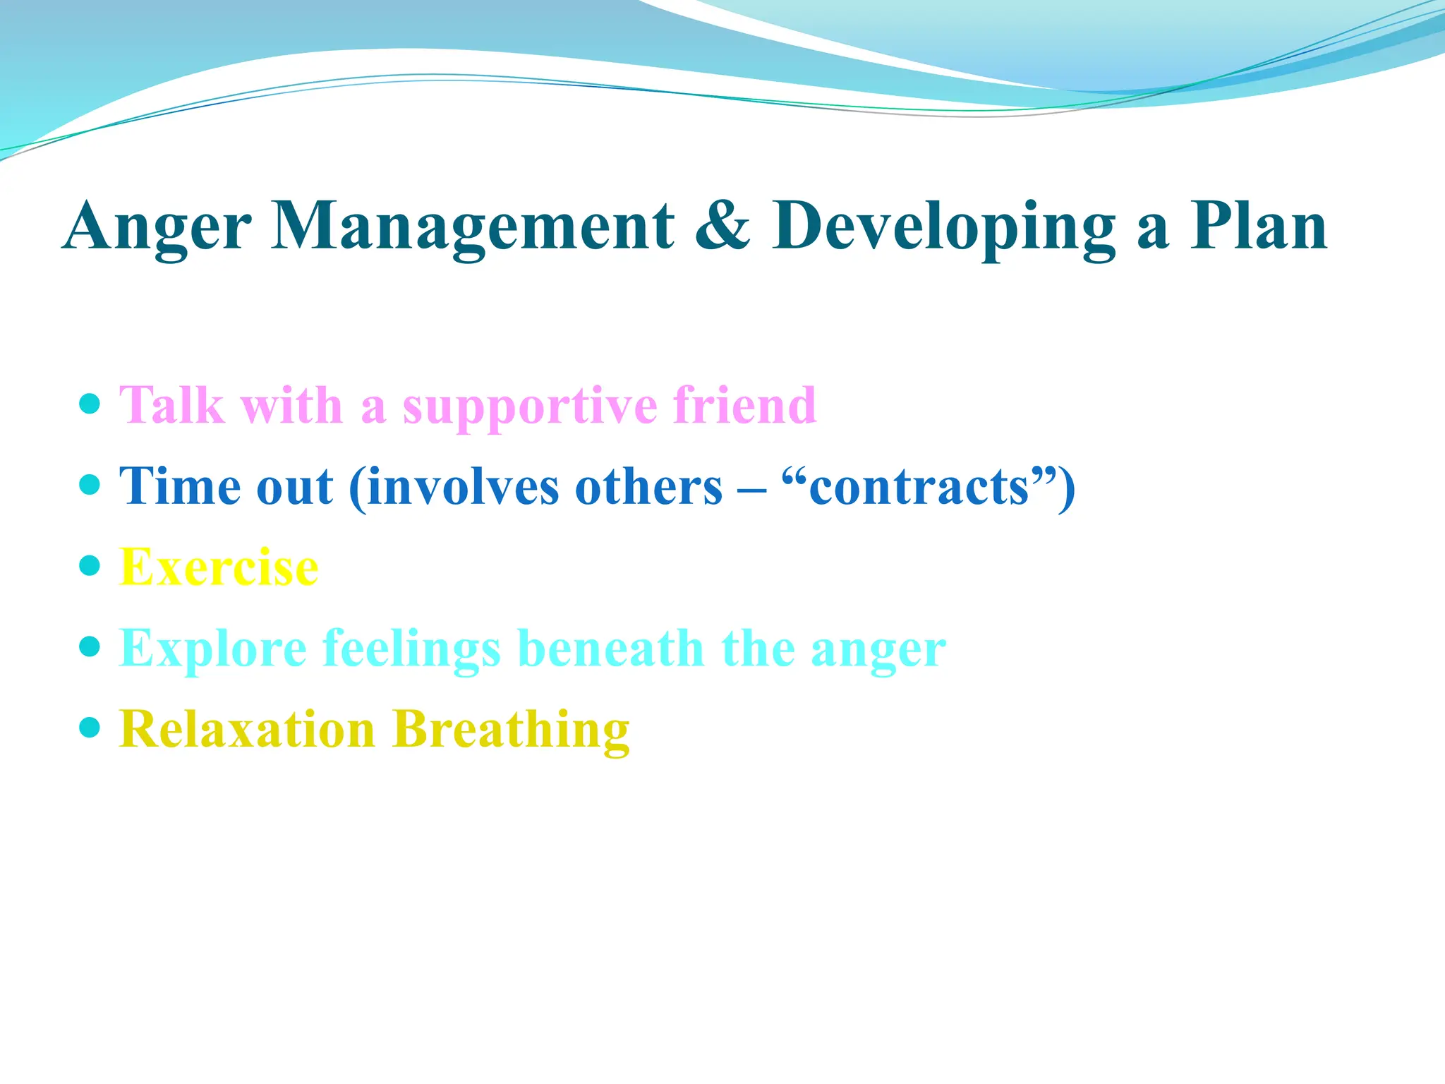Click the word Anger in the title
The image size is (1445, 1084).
point(157,227)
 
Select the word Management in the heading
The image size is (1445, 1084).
point(473,227)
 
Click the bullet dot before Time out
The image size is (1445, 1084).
point(90,485)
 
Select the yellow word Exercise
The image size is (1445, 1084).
point(219,567)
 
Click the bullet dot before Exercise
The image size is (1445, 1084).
point(90,565)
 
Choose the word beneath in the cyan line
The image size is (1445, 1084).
point(610,648)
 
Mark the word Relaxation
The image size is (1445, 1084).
point(247,729)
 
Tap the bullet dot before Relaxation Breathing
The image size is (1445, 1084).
point(90,727)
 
